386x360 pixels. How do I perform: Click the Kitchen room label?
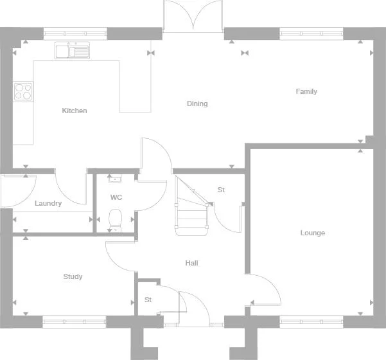tap(75, 111)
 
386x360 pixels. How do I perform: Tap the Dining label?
tap(197, 104)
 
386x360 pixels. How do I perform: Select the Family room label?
tap(306, 91)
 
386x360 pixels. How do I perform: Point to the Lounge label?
tap(313, 233)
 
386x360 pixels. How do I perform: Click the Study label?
tap(73, 276)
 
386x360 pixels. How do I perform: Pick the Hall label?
tap(191, 263)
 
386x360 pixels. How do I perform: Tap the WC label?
tap(116, 197)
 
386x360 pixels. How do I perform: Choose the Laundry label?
tap(48, 203)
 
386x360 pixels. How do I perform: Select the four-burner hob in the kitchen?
tap(23, 91)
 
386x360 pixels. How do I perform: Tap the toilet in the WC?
tap(116, 219)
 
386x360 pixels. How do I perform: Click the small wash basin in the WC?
tap(115, 179)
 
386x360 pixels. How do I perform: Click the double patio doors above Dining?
tap(193, 16)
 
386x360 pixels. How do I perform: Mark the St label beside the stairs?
tap(221, 190)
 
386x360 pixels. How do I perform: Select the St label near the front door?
tap(148, 300)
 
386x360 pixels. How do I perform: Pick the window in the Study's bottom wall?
tap(75, 321)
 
